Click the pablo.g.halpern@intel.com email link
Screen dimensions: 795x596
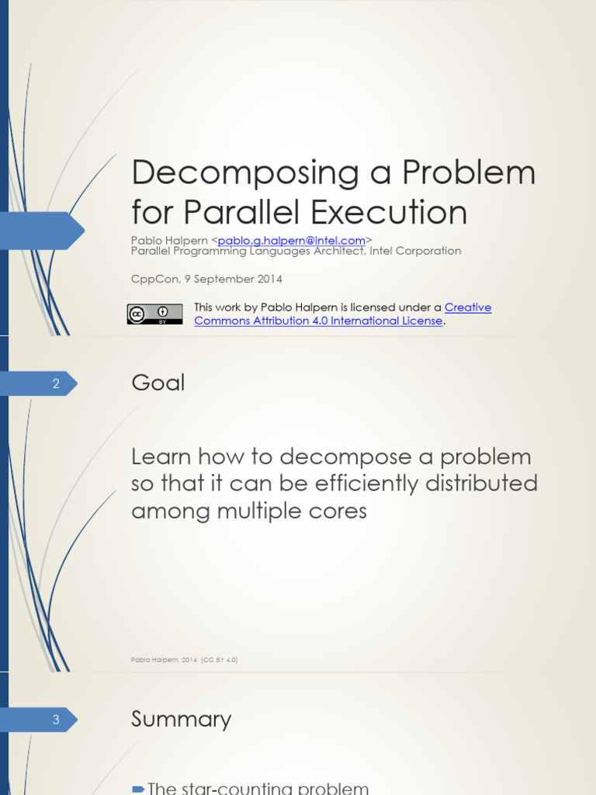pos(291,241)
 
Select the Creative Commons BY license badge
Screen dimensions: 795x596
pos(155,314)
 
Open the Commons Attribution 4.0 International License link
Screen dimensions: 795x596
pos(318,321)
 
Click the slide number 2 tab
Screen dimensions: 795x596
pos(56,384)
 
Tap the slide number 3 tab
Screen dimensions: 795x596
pos(56,720)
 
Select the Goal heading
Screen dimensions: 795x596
pos(158,383)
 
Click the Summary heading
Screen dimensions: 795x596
pos(181,719)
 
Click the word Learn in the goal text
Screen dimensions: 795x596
pos(160,457)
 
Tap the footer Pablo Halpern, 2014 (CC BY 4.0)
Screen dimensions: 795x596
pos(185,660)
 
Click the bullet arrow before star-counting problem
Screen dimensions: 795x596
pos(138,790)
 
